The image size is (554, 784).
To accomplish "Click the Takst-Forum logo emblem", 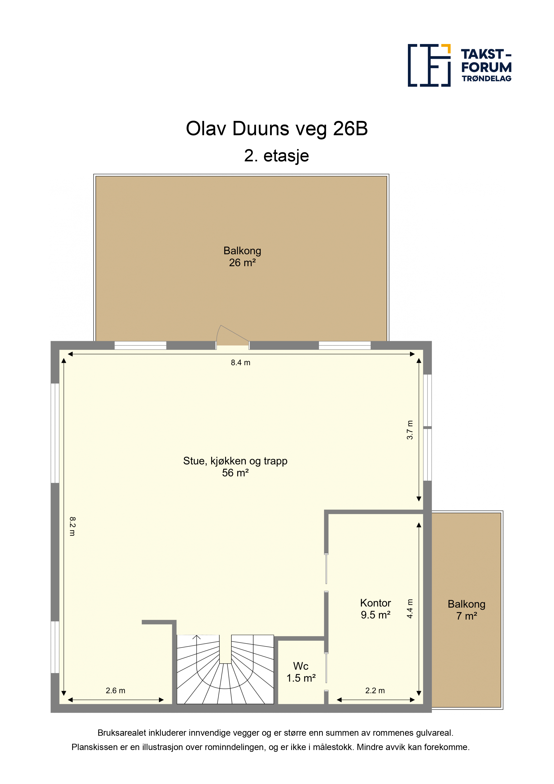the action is tap(429, 65).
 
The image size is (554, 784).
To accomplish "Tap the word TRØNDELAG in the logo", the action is tap(486, 78).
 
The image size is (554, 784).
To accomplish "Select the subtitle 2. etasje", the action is tap(277, 156).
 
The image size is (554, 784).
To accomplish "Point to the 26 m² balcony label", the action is tap(242, 256).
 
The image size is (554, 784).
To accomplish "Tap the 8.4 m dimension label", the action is tap(241, 363).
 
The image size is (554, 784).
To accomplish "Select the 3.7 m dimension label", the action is tap(410, 430).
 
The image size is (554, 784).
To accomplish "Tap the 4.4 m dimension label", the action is tap(410, 609).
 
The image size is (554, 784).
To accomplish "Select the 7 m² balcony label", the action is tap(467, 610).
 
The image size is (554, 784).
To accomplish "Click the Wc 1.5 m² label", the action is tap(301, 672).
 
